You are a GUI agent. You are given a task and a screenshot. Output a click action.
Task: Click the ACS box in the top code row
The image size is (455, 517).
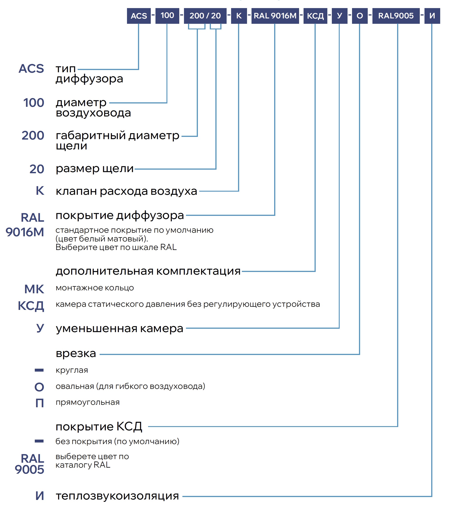139,16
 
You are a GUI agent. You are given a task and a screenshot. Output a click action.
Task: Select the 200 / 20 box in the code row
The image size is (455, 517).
205,16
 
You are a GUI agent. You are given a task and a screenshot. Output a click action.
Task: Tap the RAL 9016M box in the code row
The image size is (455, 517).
275,16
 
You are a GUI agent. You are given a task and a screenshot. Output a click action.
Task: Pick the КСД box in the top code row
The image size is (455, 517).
315,16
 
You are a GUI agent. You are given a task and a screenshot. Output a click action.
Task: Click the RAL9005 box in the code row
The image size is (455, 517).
396,16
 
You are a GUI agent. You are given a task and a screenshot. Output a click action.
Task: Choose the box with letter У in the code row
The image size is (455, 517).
339,16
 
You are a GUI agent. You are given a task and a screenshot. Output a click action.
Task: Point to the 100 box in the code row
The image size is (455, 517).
167,16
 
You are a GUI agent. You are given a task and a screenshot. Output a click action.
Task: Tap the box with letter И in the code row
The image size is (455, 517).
432,16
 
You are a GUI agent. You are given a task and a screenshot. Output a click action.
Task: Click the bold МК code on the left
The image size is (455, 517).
34,289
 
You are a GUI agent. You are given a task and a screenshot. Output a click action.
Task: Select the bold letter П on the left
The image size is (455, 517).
39,403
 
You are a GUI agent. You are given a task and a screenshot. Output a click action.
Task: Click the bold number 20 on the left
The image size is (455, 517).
37,169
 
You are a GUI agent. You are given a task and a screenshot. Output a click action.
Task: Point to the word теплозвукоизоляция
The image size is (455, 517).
117,496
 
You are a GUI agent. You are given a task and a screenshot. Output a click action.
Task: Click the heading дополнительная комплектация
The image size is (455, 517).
148,271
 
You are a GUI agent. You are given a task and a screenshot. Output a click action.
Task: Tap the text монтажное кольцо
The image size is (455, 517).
95,288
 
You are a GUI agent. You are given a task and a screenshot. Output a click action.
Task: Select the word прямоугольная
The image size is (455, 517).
87,402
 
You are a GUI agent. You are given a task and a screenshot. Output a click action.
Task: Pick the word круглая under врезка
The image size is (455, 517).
72,370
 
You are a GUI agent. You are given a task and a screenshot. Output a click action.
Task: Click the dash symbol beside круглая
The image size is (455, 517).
39,370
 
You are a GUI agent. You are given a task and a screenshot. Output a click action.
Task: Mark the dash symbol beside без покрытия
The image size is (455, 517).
39,441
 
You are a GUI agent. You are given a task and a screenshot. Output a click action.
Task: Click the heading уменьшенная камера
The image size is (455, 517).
119,329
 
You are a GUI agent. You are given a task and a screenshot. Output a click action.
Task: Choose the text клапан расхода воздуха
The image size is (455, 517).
126,191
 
